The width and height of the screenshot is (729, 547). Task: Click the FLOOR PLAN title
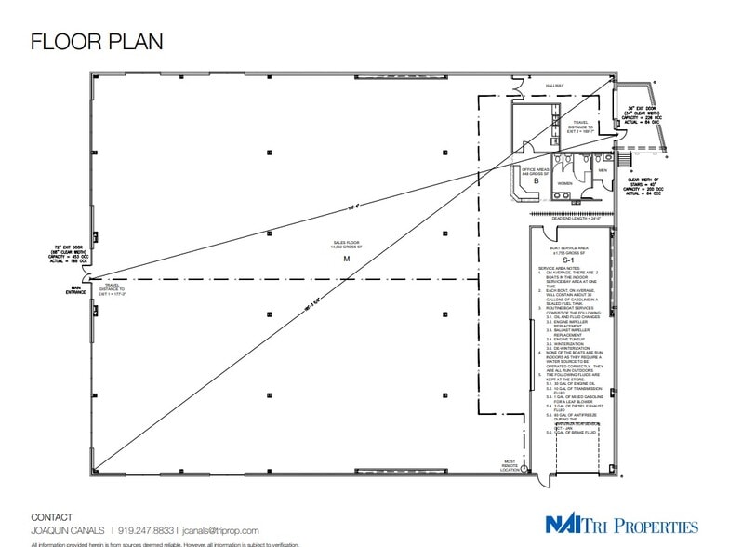pyautogui.click(x=97, y=41)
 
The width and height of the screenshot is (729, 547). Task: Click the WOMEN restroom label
pyautogui.click(x=565, y=183)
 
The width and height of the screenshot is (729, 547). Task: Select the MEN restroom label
pyautogui.click(x=603, y=170)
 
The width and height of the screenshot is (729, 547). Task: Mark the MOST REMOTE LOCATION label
pyautogui.click(x=510, y=464)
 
